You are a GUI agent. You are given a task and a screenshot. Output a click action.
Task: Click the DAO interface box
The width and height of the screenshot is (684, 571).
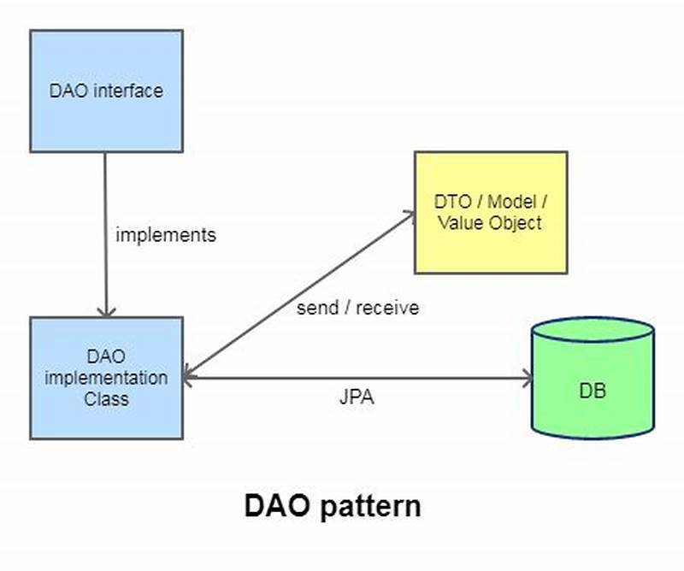[106, 91]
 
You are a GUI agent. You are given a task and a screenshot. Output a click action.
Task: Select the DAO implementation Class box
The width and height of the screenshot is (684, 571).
[106, 378]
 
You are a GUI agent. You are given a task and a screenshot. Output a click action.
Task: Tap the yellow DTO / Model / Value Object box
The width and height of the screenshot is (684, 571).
[490, 212]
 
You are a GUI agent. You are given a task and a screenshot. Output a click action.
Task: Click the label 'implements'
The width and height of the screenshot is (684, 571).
[166, 234]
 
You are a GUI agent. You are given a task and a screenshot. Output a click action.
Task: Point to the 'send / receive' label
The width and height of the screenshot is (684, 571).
[357, 308]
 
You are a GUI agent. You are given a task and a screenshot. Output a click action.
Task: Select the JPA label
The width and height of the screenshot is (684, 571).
[357, 397]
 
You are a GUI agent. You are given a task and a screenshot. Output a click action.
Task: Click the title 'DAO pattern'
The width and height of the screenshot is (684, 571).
[333, 505]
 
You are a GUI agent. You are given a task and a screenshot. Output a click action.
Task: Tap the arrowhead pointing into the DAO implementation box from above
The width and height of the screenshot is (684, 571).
[105, 310]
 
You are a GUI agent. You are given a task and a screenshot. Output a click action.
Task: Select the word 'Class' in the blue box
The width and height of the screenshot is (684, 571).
[106, 398]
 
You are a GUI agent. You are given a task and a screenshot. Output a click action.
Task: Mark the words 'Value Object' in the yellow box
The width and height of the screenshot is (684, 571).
[490, 223]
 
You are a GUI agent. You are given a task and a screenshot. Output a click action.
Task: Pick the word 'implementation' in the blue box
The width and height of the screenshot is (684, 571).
[106, 377]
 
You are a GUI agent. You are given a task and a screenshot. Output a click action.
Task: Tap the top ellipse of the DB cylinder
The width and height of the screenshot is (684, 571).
[593, 330]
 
